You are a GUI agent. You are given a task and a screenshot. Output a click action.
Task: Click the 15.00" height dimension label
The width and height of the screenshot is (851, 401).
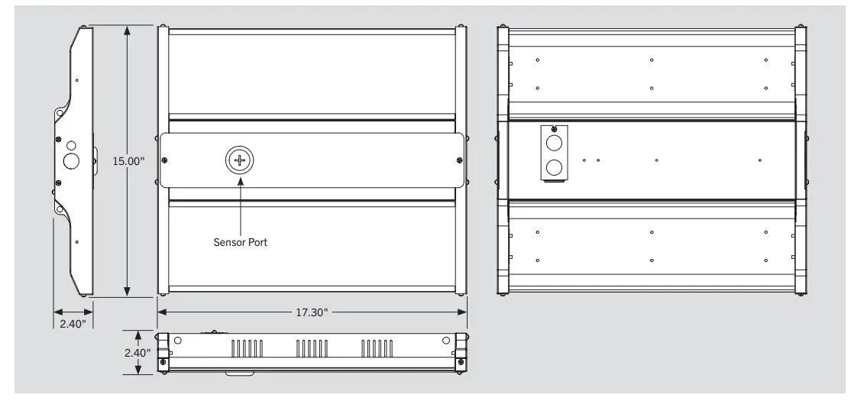128,161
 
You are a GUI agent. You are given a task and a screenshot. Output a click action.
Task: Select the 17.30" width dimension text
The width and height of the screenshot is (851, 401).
312,312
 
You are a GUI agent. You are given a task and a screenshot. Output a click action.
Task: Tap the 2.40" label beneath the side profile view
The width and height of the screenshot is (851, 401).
73,323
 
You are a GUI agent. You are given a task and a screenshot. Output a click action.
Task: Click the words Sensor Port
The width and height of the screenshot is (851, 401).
241,242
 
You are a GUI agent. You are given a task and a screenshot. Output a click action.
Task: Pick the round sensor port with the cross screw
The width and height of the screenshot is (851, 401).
240,160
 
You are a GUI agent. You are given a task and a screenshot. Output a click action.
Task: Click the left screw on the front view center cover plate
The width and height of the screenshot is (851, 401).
167,160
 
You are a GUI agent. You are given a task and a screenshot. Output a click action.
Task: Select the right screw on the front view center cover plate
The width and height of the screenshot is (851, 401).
458,160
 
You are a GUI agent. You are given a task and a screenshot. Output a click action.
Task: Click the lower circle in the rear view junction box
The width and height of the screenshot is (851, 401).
555,167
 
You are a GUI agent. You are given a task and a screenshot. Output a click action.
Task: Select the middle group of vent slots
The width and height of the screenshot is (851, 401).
311,349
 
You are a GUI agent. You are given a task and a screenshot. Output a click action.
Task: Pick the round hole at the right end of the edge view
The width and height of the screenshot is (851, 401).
445,341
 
